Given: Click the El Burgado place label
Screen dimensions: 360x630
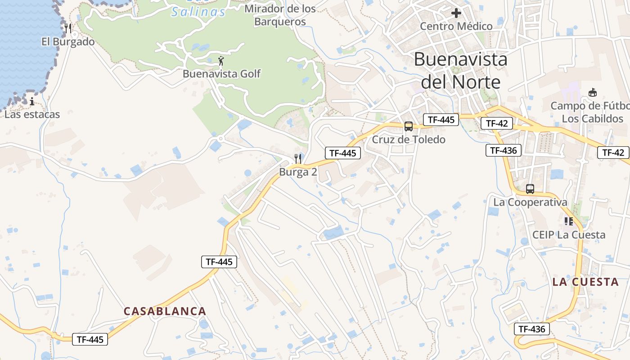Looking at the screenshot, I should pos(68,42).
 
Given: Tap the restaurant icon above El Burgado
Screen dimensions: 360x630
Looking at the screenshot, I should pos(68,28).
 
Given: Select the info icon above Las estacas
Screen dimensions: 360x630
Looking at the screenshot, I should pos(32,101).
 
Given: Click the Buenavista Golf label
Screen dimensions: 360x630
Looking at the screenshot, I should pos(221,73).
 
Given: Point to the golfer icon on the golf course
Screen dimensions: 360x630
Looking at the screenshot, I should pos(221,60).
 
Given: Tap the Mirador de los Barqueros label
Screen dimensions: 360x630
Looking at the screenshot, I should pos(280,15).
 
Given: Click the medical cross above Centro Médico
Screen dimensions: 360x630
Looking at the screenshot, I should pos(456,13).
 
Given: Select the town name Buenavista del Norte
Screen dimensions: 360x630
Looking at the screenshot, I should pos(460,71).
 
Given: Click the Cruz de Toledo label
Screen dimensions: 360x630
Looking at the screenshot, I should pos(408,139).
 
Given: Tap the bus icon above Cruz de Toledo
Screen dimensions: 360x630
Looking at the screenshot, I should pos(409,126).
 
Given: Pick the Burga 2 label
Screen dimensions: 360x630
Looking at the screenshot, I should pos(298,172).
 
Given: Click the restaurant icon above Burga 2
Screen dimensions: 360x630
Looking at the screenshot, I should pos(298,158).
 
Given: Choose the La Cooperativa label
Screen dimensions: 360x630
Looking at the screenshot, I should pos(530,202).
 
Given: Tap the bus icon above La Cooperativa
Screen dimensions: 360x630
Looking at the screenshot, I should pos(530,189).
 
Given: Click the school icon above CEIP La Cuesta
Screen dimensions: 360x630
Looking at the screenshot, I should pos(569,221).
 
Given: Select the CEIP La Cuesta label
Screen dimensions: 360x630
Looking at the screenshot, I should pos(569,234).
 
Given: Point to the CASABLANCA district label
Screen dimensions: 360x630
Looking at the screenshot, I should pos(165,311).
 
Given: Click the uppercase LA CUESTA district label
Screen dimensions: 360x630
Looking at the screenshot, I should pos(585,282).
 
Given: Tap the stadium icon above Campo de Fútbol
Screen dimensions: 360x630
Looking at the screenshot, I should pos(593,93).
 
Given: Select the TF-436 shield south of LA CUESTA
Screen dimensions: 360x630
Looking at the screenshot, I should pos(532,329).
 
